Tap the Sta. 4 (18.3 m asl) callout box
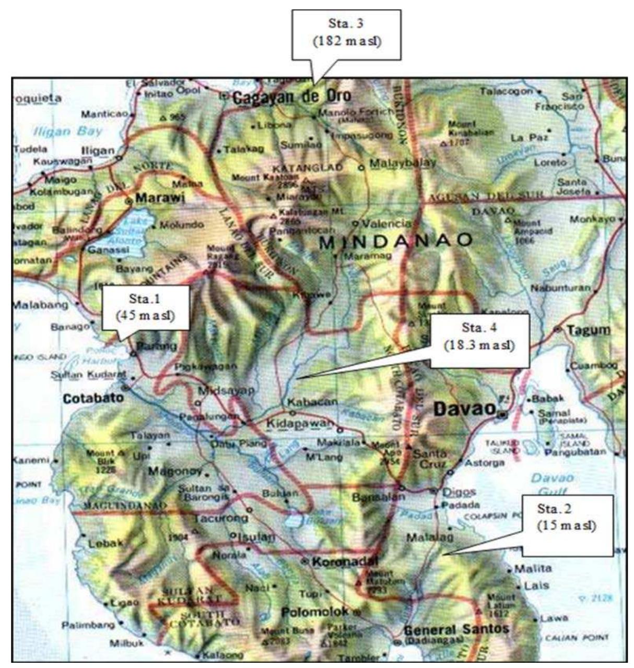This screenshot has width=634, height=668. (479, 340)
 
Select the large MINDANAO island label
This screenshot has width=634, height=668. (395, 241)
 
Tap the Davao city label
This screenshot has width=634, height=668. (465, 409)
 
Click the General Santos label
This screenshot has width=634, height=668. (456, 629)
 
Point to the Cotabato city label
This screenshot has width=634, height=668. (93, 398)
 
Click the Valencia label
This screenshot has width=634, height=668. (386, 223)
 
